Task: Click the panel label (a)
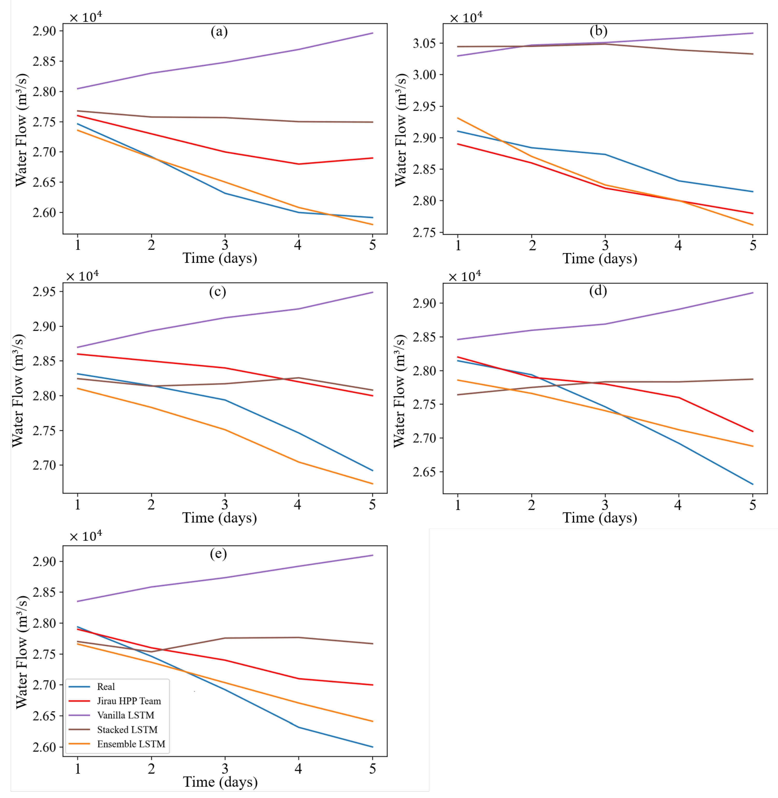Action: coord(219,31)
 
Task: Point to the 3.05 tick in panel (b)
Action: coord(425,43)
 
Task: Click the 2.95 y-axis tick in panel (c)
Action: coord(45,292)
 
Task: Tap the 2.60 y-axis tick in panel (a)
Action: coord(45,212)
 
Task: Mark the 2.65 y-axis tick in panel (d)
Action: coord(425,472)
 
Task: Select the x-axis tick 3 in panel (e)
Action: coord(225,769)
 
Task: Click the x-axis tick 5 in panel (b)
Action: coord(753,245)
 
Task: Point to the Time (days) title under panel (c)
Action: coord(219,518)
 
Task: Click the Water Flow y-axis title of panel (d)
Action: coord(400,391)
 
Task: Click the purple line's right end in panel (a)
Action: coord(373,33)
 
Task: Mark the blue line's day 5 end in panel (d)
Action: coord(753,484)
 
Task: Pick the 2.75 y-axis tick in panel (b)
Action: coord(425,233)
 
